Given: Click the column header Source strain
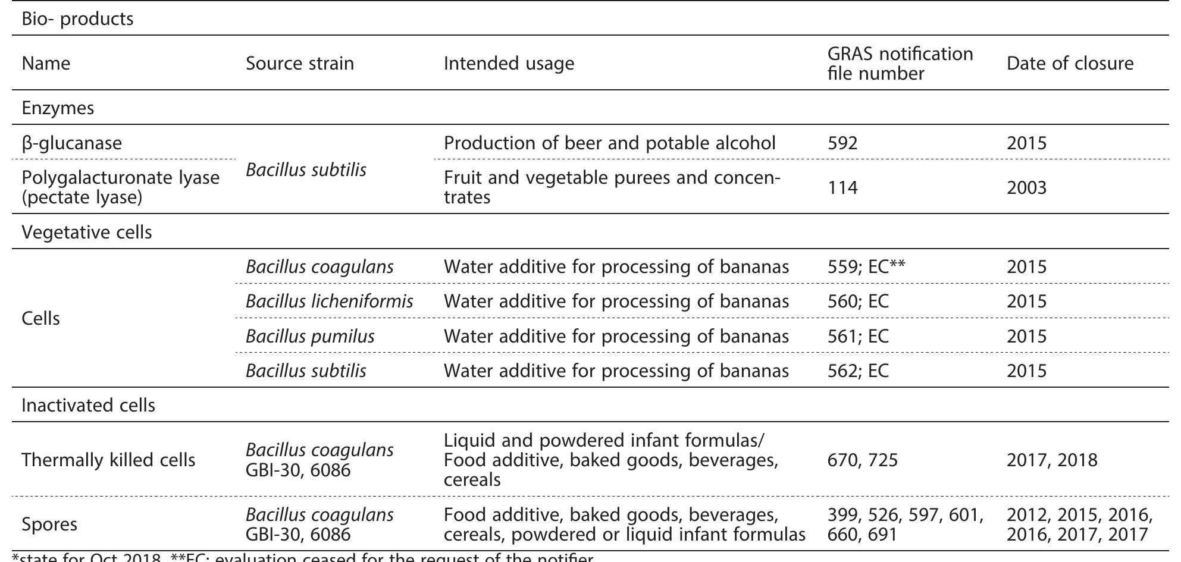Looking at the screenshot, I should pyautogui.click(x=300, y=64).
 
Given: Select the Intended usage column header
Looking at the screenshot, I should pyautogui.click(x=509, y=64).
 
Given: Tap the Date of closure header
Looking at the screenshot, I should pyautogui.click(x=1070, y=64).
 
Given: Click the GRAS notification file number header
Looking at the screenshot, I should pyautogui.click(x=900, y=64).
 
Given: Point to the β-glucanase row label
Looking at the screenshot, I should pyautogui.click(x=71, y=143).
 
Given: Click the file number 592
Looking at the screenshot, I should pyautogui.click(x=842, y=143).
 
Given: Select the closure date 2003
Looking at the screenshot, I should pyautogui.click(x=1026, y=188).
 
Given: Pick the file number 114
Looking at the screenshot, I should pyautogui.click(x=842, y=188).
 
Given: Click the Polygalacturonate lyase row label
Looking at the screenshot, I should pyautogui.click(x=120, y=187).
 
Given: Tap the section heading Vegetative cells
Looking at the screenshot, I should pyautogui.click(x=87, y=232).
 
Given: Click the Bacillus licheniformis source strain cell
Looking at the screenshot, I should pyautogui.click(x=329, y=302).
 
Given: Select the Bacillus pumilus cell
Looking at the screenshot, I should pyautogui.click(x=310, y=337).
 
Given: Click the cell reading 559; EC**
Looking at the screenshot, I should pyautogui.click(x=866, y=267).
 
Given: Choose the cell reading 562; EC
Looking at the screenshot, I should pyautogui.click(x=858, y=371).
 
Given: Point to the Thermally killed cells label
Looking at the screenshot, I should pyautogui.click(x=108, y=460).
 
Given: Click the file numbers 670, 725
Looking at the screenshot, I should pyautogui.click(x=862, y=460).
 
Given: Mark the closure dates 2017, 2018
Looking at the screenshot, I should pyautogui.click(x=1052, y=460).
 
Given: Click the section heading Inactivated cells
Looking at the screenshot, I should pyautogui.click(x=88, y=406).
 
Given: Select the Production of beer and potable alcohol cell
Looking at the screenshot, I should pyautogui.click(x=609, y=143).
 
